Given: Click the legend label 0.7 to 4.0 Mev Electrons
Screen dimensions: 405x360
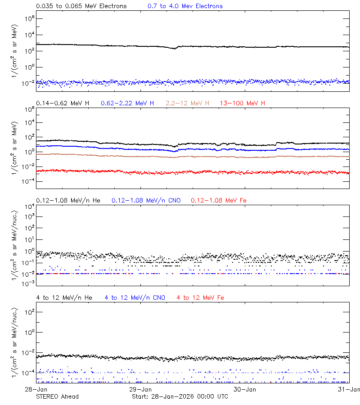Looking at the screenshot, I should (x=185, y=6).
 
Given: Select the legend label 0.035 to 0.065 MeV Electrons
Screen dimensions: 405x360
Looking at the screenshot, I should (x=81, y=6).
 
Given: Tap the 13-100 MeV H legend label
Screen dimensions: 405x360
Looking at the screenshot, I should (x=242, y=103).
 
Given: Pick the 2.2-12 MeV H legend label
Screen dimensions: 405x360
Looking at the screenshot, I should (x=187, y=103).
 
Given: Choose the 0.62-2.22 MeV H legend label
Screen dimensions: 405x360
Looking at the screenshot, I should (x=127, y=103).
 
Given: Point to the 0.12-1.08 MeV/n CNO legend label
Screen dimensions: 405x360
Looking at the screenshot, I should (x=146, y=200).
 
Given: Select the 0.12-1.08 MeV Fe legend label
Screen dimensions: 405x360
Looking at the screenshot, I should (x=219, y=200).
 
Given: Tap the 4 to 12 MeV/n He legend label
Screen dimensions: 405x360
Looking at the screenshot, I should (x=64, y=297).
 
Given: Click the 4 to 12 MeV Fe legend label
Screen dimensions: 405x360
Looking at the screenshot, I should (x=200, y=297).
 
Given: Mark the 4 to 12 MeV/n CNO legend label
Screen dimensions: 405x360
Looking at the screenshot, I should (x=135, y=297).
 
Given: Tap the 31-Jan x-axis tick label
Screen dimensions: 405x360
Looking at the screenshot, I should (x=350, y=389).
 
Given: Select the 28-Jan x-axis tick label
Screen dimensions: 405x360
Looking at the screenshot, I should (x=36, y=389).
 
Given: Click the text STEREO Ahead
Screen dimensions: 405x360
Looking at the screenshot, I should (x=57, y=396).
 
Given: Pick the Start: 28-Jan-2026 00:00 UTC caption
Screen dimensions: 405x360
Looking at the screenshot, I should (x=180, y=396).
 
